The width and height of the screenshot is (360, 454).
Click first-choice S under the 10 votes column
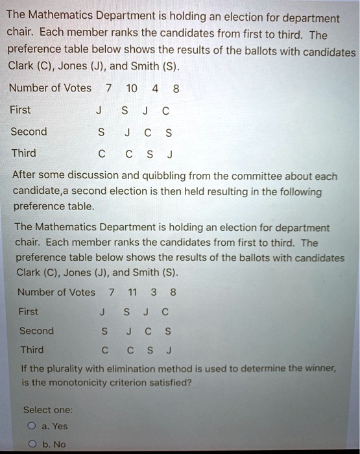(x=125, y=110)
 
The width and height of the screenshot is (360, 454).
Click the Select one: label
(x=48, y=410)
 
